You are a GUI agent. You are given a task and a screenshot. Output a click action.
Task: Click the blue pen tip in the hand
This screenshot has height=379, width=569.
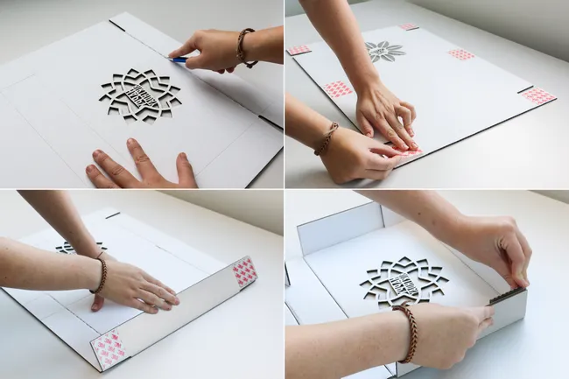pyautogui.click(x=179, y=60)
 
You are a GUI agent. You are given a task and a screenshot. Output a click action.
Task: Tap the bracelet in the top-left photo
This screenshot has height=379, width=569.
pyautogui.click(x=243, y=47)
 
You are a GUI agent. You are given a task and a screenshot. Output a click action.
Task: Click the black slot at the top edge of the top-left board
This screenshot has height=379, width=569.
pyautogui.click(x=116, y=25)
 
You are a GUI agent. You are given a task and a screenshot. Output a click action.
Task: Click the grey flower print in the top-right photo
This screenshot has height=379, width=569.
pyautogui.click(x=385, y=51)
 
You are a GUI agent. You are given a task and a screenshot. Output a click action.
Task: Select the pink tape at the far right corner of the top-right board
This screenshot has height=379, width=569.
pyautogui.click(x=537, y=95)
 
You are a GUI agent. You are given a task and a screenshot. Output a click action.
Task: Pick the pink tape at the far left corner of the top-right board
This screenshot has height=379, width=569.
pyautogui.click(x=299, y=50)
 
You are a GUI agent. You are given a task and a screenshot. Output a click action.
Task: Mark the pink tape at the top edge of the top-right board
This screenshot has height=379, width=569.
pyautogui.click(x=408, y=26)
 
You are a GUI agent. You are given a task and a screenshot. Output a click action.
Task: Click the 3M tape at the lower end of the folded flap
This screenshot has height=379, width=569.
pyautogui.click(x=109, y=350)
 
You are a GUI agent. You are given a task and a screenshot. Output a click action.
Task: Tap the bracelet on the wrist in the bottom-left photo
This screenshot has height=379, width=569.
pyautogui.click(x=102, y=275)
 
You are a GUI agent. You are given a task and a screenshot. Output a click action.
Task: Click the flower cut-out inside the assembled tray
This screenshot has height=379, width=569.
pyautogui.click(x=404, y=282)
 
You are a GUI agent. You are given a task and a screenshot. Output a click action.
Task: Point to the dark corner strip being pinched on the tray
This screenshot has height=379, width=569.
pyautogui.click(x=505, y=297)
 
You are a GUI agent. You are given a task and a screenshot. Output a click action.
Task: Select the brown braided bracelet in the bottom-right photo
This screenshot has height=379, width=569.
pyautogui.click(x=409, y=333)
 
